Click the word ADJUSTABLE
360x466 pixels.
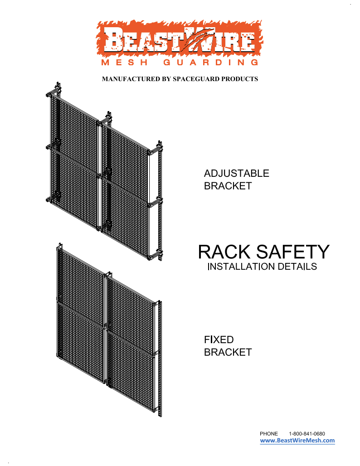pos(236,174)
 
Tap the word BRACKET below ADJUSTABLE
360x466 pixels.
pos(228,186)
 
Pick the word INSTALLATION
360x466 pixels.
pos(241,267)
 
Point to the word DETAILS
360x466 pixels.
pos(297,267)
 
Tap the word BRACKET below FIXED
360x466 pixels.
pos(228,352)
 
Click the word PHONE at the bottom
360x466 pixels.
pos(268,434)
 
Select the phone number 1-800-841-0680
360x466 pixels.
pos(306,434)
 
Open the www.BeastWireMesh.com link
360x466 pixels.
pos(297,441)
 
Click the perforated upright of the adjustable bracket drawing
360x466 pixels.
pos(159,204)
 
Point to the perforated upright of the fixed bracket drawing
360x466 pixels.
pos(159,363)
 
